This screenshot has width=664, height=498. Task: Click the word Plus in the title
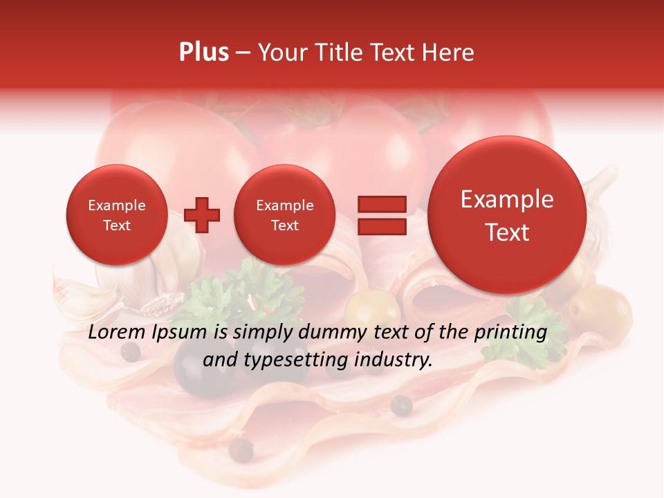point(203,53)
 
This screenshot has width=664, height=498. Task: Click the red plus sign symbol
point(203,215)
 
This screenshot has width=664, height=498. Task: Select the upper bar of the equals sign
point(381,204)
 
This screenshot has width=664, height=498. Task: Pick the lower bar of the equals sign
point(381,226)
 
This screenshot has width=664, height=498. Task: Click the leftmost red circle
point(116,215)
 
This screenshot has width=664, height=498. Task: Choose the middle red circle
point(284,215)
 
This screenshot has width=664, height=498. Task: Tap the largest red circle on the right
point(507,215)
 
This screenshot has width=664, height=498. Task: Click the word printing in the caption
point(510,333)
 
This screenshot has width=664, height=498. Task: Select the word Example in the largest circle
point(507,199)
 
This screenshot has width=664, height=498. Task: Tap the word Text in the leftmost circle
point(116,225)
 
